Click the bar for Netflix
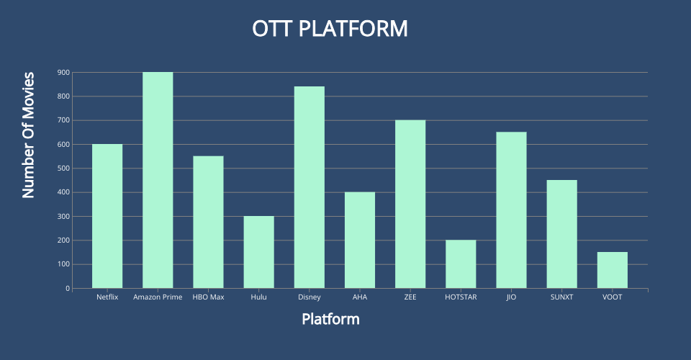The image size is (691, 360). click(x=107, y=216)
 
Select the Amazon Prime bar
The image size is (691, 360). click(x=158, y=180)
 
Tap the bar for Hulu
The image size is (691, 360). click(x=258, y=253)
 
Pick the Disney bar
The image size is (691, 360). click(x=310, y=188)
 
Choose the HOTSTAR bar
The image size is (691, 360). click(x=461, y=264)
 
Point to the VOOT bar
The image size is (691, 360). click(x=613, y=271)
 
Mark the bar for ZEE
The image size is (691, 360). click(x=410, y=204)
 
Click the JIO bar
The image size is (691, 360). click(x=511, y=210)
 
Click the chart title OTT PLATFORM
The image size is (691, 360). click(x=330, y=29)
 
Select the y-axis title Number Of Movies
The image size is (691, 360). click(x=28, y=135)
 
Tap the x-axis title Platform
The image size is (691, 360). click(x=330, y=319)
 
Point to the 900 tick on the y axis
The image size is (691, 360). click(x=63, y=72)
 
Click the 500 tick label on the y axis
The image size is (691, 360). click(x=63, y=168)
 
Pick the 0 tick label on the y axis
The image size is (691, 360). click(x=68, y=289)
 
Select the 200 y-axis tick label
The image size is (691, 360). click(x=63, y=240)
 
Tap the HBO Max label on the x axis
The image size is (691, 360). click(x=209, y=297)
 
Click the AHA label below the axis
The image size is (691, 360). click(x=360, y=297)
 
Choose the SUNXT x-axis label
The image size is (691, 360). click(x=562, y=297)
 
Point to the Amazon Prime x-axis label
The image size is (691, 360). click(x=158, y=297)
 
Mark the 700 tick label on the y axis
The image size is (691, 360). click(x=63, y=120)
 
